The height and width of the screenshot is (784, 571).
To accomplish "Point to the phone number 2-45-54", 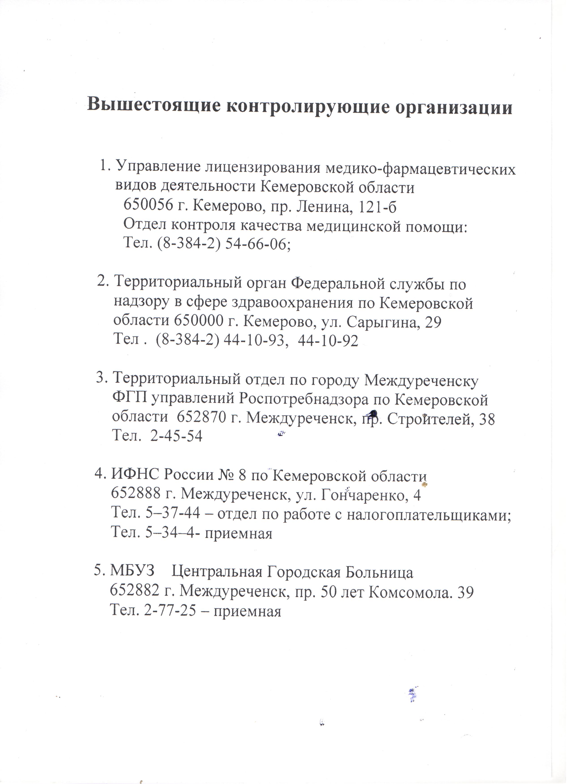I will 176,436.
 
